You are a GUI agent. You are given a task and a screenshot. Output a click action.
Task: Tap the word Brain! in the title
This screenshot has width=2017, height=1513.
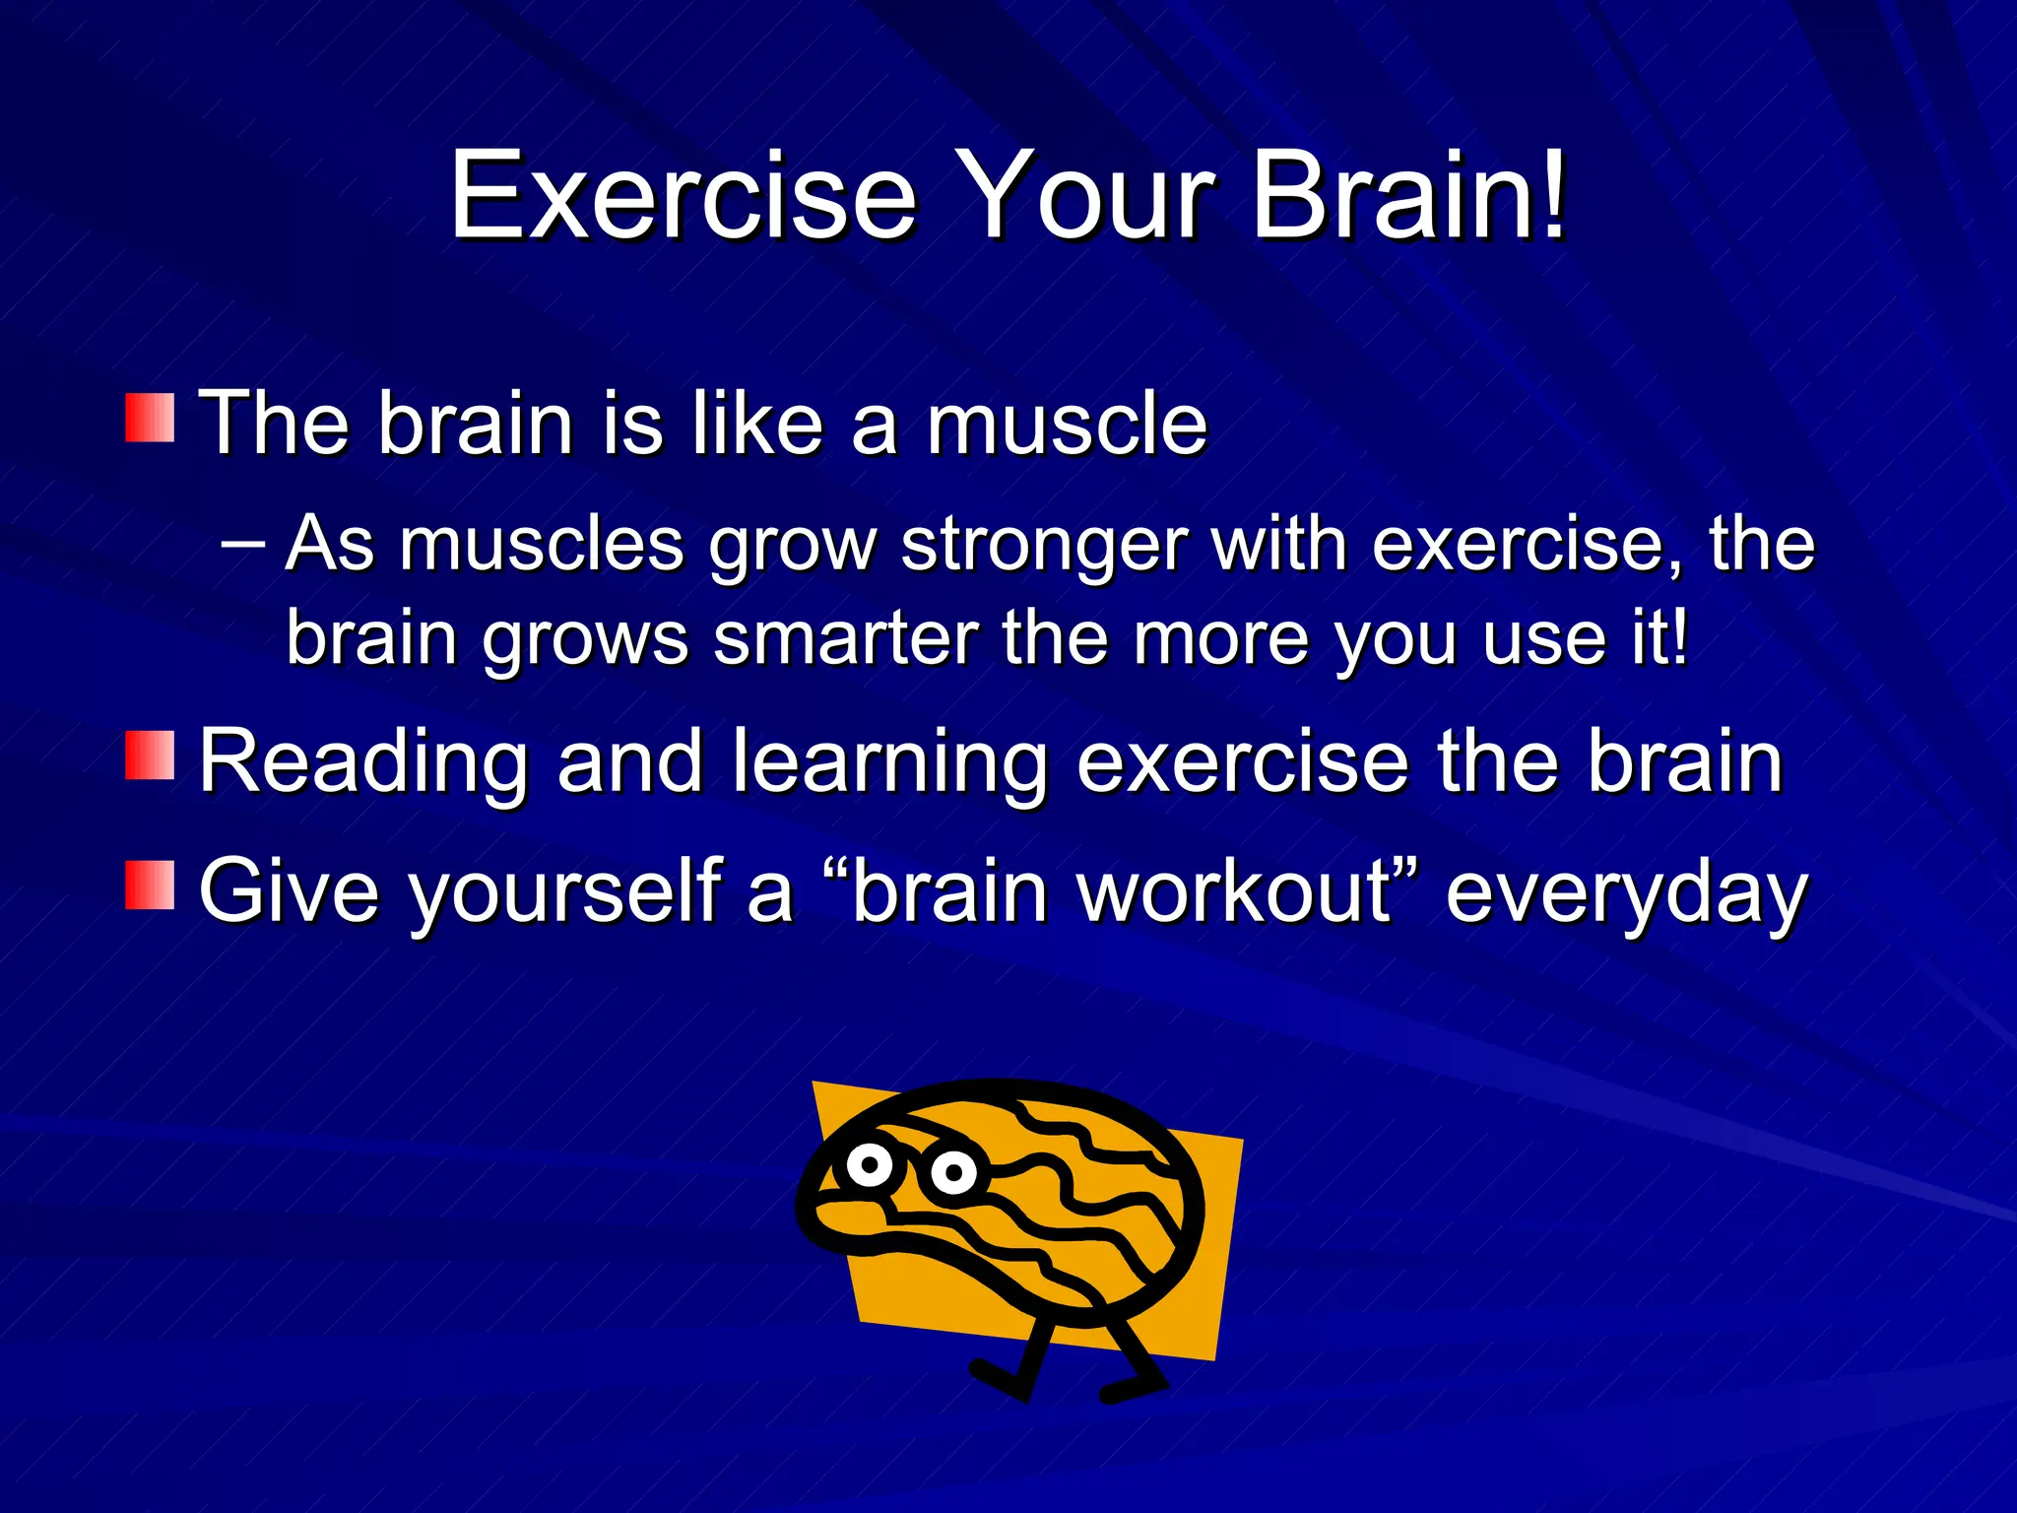[x=1408, y=196]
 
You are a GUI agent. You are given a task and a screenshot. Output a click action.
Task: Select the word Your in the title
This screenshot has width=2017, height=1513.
[x=1083, y=196]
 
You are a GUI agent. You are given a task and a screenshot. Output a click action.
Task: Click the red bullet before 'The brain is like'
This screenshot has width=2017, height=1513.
[x=150, y=418]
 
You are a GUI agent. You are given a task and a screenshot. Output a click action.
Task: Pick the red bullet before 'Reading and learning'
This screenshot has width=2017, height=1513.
[x=150, y=756]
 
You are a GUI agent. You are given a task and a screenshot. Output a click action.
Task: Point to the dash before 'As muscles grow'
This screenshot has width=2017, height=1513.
[x=242, y=542]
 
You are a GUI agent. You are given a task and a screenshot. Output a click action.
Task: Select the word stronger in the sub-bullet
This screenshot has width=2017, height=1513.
[x=1044, y=545]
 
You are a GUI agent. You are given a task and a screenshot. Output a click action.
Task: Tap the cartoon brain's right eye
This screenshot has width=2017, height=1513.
[x=952, y=1172]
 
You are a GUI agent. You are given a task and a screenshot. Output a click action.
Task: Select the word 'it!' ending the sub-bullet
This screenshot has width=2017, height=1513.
[x=1659, y=638]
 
